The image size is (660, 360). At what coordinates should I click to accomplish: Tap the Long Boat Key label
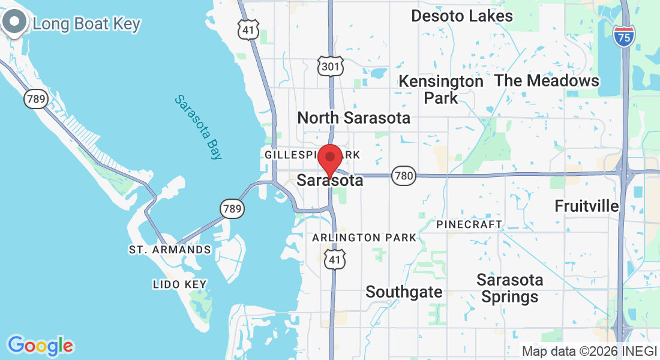[x=86, y=24]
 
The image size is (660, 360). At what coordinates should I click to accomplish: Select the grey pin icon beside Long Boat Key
[x=14, y=22]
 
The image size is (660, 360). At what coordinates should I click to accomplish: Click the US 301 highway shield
[x=331, y=66]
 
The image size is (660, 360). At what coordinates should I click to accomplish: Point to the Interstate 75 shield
[x=624, y=37]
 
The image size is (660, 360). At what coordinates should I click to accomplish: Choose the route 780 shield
[x=403, y=176]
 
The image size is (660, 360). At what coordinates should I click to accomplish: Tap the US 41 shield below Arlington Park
[x=335, y=260]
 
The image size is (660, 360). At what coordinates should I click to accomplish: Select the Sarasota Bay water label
[x=198, y=127]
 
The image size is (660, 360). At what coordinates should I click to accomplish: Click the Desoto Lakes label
[x=462, y=16]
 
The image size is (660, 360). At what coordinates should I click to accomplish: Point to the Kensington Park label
[x=441, y=89]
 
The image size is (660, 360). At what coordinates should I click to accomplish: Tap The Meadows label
[x=547, y=80]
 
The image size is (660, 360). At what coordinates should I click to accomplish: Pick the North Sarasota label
[x=354, y=118]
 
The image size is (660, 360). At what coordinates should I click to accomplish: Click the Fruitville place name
[x=586, y=206]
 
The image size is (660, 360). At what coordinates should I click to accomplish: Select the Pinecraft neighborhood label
[x=469, y=224]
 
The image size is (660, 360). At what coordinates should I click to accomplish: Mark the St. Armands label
[x=170, y=250]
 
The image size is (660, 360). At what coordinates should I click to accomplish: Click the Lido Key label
[x=179, y=284]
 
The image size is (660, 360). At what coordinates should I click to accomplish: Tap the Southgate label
[x=404, y=292]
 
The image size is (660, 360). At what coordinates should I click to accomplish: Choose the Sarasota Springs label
[x=510, y=288]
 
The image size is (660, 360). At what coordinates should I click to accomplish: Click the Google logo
[x=40, y=346]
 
